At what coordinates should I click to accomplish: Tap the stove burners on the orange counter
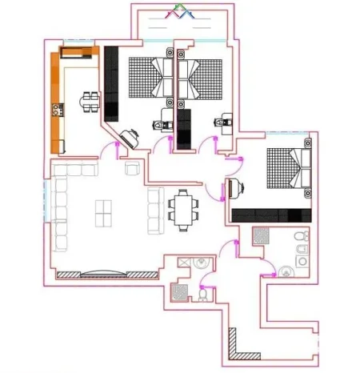pyautogui.click(x=58, y=110)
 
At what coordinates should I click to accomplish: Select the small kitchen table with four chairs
pyautogui.click(x=89, y=101)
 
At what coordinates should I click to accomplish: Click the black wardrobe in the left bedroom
pyautogui.click(x=111, y=82)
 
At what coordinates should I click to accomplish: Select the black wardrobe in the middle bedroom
pyautogui.click(x=185, y=128)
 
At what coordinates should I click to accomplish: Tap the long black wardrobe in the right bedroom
pyautogui.click(x=270, y=215)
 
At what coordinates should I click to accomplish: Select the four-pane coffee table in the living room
pyautogui.click(x=105, y=213)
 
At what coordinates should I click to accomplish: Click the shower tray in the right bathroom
pyautogui.click(x=262, y=237)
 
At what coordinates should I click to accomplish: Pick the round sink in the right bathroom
pyautogui.click(x=286, y=270)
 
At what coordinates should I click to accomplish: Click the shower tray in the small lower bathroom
pyautogui.click(x=180, y=292)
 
